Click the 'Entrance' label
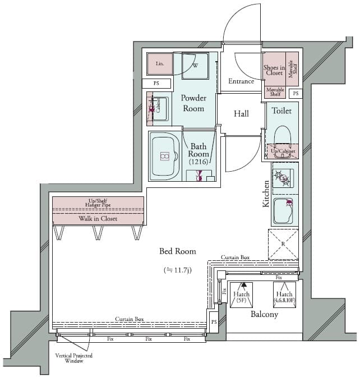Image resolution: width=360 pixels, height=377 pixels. [x=241, y=81]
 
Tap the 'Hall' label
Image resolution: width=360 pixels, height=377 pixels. [x=241, y=114]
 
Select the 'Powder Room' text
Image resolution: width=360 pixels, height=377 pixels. [x=193, y=103]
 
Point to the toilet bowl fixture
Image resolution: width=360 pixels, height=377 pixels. [x=282, y=136]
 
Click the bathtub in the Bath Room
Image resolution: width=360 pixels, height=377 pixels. [x=164, y=157]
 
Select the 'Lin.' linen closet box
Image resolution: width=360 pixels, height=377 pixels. [x=159, y=64]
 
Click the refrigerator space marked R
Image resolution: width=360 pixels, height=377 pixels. [x=283, y=244]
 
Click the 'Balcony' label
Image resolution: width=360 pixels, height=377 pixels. [x=264, y=315]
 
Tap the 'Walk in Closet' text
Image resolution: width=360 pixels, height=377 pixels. [x=98, y=219]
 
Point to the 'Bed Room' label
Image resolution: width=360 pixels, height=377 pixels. [x=177, y=251]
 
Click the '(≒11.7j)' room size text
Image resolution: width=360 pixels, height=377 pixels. [x=177, y=270]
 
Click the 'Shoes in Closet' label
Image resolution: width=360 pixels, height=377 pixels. [x=274, y=70]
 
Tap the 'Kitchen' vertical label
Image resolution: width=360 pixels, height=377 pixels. [x=266, y=194]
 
